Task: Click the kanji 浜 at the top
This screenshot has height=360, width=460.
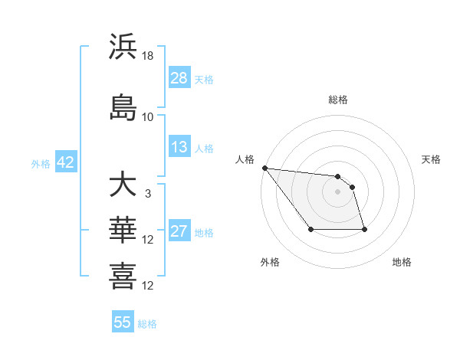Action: click(123, 47)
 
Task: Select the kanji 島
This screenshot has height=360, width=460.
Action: click(123, 106)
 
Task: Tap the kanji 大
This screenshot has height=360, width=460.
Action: click(123, 185)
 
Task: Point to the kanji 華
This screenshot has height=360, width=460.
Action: click(123, 229)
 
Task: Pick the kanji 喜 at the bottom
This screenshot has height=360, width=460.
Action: click(123, 275)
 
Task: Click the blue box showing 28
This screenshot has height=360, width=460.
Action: click(179, 78)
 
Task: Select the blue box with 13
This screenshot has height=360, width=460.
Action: click(179, 147)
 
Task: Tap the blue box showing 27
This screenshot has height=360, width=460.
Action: click(179, 231)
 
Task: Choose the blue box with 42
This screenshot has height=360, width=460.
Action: click(64, 162)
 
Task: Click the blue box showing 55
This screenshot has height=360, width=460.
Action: click(123, 322)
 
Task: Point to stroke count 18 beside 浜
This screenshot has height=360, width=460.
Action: click(148, 56)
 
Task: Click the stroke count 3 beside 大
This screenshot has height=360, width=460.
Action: click(148, 194)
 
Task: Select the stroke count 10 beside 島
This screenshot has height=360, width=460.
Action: click(148, 116)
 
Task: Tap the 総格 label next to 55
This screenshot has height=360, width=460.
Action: click(147, 324)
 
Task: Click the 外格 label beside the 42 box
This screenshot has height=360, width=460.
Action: click(41, 163)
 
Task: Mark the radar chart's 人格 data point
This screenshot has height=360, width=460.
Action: click(264, 168)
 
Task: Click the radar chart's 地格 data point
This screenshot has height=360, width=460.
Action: click(364, 229)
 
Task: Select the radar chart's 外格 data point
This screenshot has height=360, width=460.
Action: click(310, 229)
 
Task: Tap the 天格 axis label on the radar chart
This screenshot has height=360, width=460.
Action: click(432, 159)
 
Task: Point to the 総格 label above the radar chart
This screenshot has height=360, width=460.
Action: click(337, 100)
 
